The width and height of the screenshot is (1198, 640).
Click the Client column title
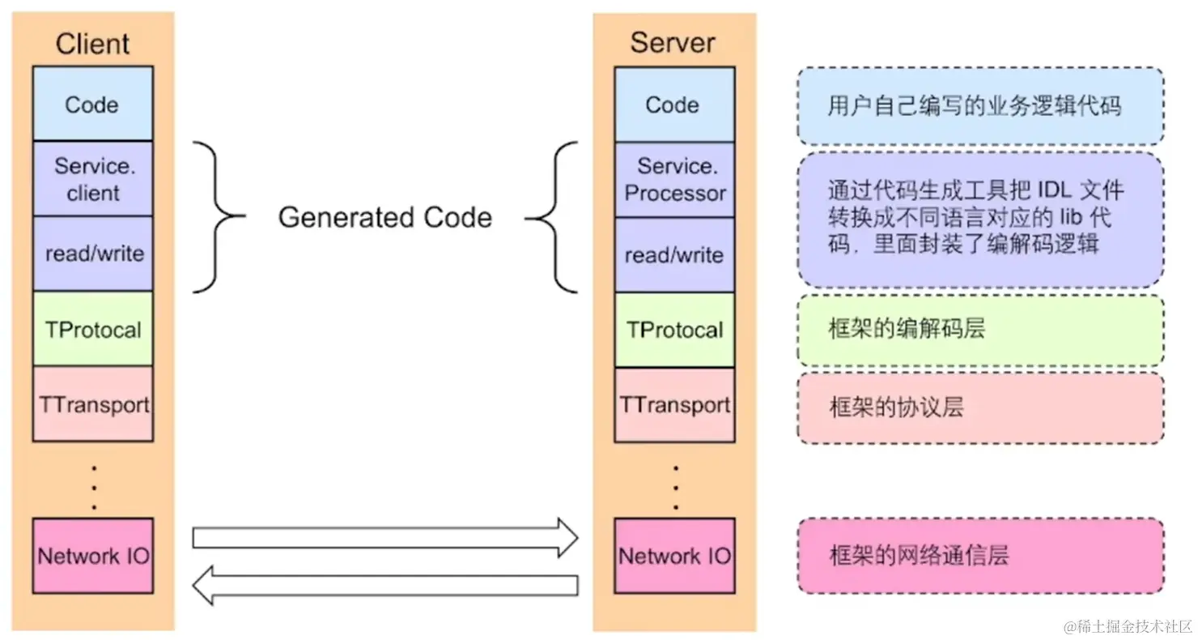click(92, 44)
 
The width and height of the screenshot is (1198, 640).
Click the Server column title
click(673, 42)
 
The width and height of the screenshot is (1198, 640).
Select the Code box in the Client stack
click(92, 105)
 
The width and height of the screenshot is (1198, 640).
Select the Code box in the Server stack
click(673, 105)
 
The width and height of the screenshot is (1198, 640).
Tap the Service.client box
click(92, 179)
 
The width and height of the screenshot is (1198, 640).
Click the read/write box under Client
click(92, 254)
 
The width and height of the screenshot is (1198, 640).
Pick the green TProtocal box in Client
click(92, 329)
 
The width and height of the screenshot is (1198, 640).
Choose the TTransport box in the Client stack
click(92, 403)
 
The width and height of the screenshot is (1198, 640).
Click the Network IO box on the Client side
click(92, 556)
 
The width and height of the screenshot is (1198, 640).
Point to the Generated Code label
click(384, 218)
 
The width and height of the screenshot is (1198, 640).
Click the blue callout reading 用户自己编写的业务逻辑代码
click(979, 106)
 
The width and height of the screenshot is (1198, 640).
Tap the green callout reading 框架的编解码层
click(979, 330)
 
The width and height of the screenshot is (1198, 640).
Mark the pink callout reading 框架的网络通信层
click(979, 556)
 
